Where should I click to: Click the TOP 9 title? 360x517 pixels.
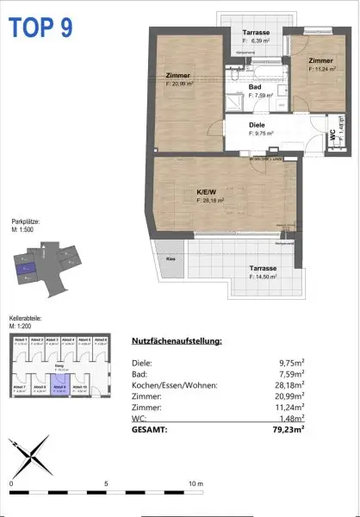pyautogui.click(x=40, y=27)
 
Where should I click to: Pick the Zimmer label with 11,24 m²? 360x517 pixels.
pyautogui.click(x=320, y=61)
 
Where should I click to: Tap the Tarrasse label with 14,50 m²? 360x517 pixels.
pyautogui.click(x=263, y=268)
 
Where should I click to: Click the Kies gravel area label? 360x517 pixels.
pyautogui.click(x=171, y=257)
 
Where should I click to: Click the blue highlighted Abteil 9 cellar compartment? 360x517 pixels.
pyautogui.click(x=59, y=389)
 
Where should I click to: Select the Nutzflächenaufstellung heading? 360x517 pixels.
pyautogui.click(x=177, y=341)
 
